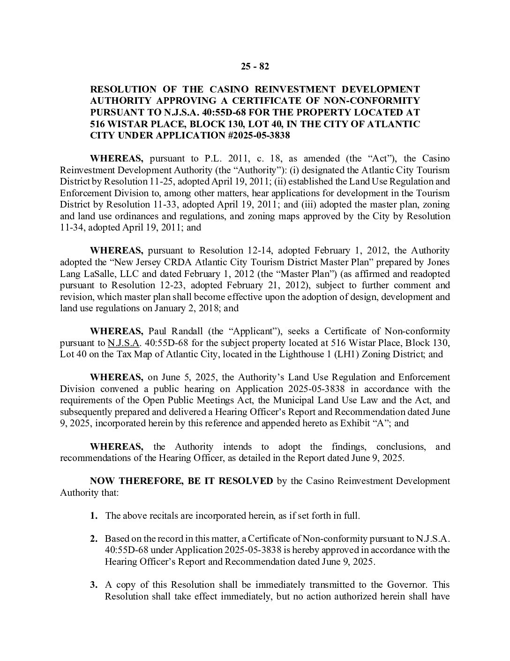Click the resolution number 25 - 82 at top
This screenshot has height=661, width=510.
point(255,66)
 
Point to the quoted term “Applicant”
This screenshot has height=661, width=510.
point(255,331)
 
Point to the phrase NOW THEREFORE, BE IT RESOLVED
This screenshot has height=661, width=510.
point(181,481)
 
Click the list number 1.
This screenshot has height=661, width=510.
point(94,515)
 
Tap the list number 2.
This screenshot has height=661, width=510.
point(94,538)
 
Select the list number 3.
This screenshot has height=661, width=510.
point(94,584)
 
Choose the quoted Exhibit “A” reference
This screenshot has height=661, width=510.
point(376,423)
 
